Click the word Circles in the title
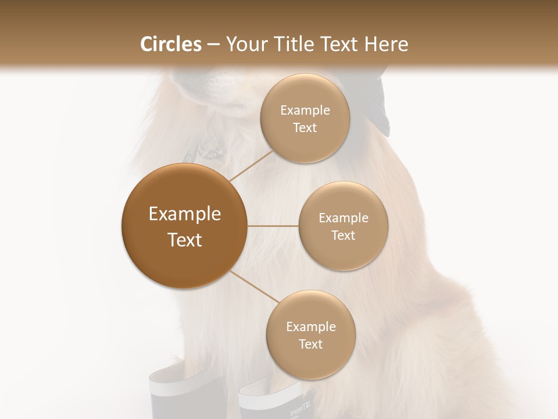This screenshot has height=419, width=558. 170,44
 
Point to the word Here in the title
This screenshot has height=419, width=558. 386,44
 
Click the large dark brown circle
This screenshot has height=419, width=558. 184,226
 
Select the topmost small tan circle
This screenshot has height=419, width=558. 305,118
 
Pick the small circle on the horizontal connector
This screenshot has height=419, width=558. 343,226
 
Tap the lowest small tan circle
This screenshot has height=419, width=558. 310,335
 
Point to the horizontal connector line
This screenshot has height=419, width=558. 273,226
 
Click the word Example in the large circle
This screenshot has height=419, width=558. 184,214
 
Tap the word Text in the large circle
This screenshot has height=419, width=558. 184,239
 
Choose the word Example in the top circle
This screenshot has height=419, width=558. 305,110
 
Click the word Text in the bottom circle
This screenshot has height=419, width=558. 310,344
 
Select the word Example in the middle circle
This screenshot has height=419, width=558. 343,218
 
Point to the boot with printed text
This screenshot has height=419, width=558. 273,402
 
